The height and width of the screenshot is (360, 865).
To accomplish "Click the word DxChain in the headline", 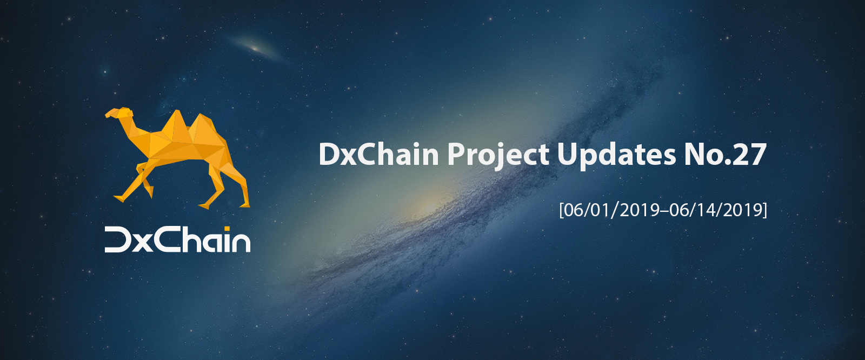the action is (x=379, y=154).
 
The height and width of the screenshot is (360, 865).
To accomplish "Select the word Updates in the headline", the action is (x=616, y=156).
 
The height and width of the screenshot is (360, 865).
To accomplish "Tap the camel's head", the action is (x=119, y=113).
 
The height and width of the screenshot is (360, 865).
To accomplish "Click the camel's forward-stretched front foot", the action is (x=118, y=198).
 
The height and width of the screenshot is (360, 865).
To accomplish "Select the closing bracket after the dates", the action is (x=765, y=210).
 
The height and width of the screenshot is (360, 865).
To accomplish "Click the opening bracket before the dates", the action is (x=562, y=210).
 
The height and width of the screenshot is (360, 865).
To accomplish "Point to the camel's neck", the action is (x=133, y=128).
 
